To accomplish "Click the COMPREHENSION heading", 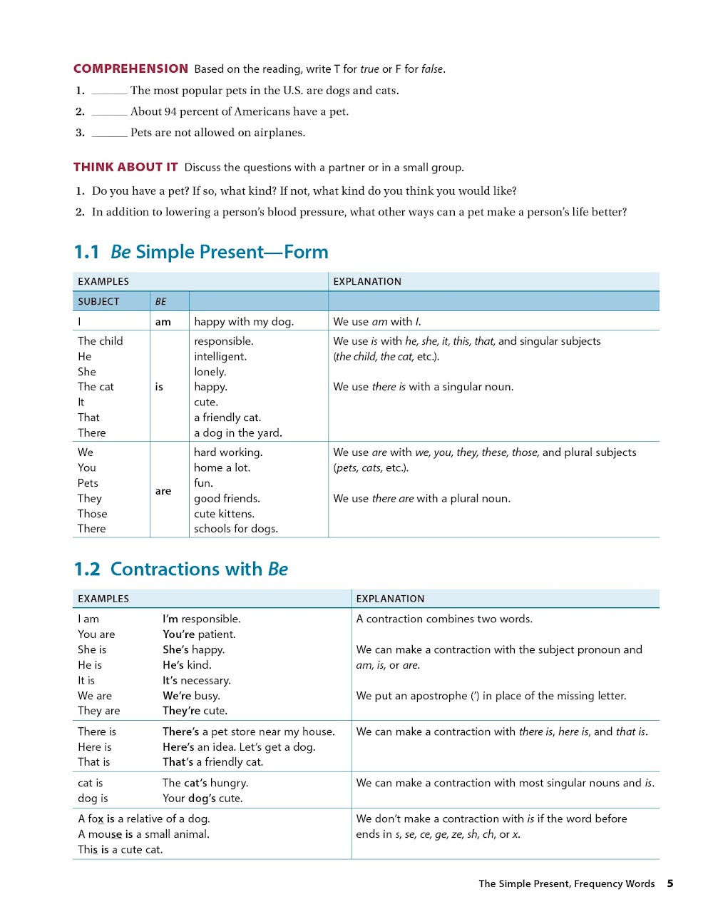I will coord(130,69).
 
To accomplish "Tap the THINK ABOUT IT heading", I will coord(125,167).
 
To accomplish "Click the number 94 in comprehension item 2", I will coord(170,111).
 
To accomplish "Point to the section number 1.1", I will coord(86,252).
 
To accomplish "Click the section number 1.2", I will coord(87,569).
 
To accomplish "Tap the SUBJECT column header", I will coord(98,301).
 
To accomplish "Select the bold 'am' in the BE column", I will coord(163,322).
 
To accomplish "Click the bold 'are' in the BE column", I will coord(163,491).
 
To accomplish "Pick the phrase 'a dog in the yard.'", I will coord(238,432).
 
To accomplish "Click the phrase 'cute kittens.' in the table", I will coord(224,514).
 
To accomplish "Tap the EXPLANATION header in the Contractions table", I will coord(390,599).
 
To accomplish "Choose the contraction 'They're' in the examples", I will coord(181,711).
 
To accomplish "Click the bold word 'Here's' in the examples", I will coord(178,746).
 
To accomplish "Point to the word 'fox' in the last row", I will coord(96,819).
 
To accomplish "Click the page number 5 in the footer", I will coord(670,883).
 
